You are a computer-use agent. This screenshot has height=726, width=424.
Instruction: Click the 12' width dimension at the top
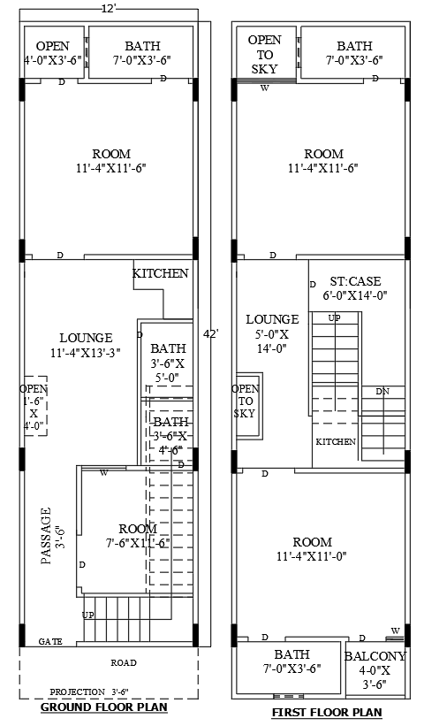tap(108, 8)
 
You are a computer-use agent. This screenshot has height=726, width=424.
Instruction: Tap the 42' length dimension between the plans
tap(210, 334)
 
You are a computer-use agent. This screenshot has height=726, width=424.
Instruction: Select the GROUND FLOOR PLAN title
tap(105, 707)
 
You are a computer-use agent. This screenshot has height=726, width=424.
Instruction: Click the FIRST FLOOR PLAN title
tap(326, 712)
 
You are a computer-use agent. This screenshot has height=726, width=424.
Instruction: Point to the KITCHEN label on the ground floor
tap(160, 273)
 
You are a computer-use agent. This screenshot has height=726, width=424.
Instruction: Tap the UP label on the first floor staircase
tap(335, 317)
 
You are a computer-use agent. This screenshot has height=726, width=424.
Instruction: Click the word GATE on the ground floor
tap(50, 641)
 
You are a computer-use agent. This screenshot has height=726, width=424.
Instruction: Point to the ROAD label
tap(123, 661)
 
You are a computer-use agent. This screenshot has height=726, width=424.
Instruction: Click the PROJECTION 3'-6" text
tap(89, 692)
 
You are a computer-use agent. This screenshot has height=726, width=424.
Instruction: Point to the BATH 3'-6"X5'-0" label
tap(168, 363)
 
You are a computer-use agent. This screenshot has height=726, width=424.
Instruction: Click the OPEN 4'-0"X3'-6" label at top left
tap(53, 53)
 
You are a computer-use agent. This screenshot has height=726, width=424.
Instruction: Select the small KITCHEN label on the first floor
tap(336, 441)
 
